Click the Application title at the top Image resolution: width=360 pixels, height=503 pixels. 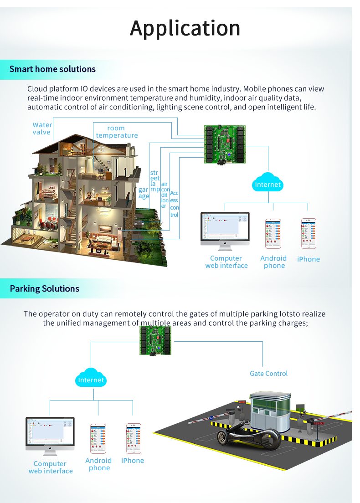tap(185, 28)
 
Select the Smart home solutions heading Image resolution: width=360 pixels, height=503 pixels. tap(52, 69)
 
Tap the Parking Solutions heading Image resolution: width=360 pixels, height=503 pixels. tap(45, 289)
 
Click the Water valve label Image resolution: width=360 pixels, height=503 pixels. tap(42, 128)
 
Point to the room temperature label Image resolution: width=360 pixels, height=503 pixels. tap(117, 132)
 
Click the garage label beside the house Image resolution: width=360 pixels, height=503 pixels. tap(144, 193)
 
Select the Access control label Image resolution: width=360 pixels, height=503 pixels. tap(174, 204)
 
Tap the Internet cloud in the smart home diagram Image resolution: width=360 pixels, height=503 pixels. tap(268, 184)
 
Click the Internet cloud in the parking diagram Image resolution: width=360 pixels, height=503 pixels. tap(91, 379)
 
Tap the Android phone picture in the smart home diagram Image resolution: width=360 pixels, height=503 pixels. tap(273, 234)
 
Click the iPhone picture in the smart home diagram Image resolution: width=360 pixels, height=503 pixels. tap(309, 234)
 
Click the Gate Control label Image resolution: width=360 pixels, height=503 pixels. tap(269, 374)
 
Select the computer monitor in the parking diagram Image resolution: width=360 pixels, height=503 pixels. tap(50, 433)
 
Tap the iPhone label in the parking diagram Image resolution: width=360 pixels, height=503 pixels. tap(133, 461)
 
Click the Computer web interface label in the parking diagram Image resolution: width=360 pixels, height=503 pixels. tap(51, 467)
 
